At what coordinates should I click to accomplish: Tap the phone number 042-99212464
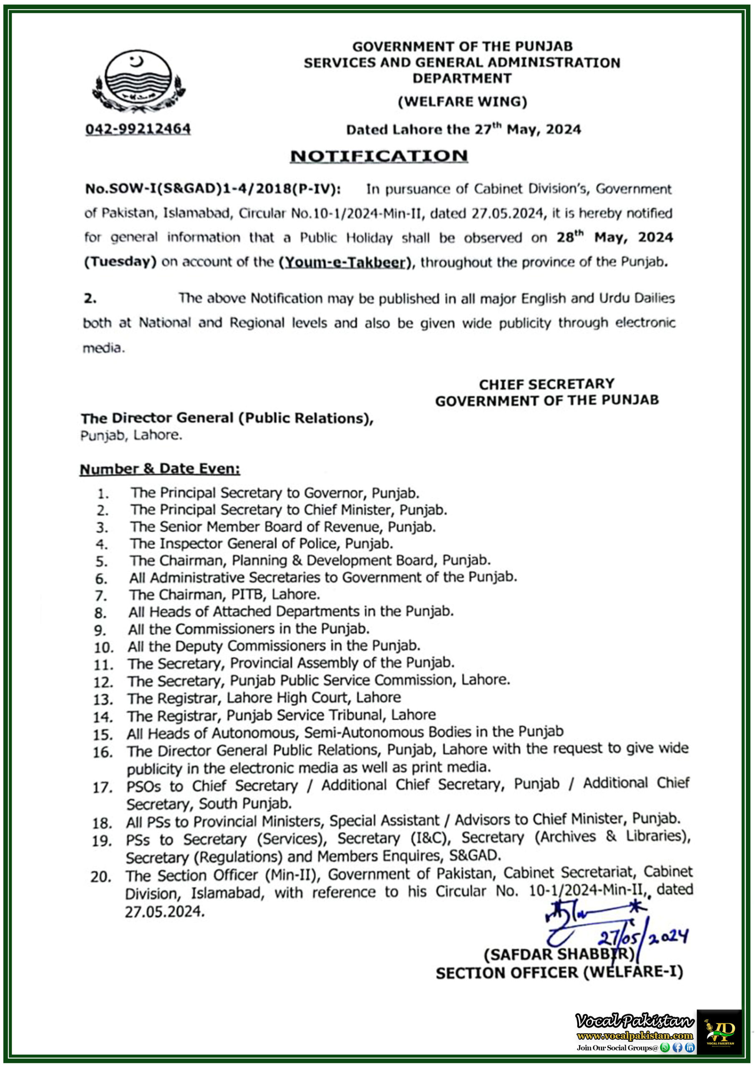[x=138, y=129]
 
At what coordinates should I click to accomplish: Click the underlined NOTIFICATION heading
[x=379, y=156]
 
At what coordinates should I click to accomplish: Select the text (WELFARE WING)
[x=462, y=101]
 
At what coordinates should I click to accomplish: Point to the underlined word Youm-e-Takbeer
[x=345, y=262]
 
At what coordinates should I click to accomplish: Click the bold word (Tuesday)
[x=120, y=262]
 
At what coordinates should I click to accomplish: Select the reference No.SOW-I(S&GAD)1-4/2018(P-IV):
[x=213, y=189]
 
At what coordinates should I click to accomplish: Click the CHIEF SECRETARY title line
[x=546, y=384]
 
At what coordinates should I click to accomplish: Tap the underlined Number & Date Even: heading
[x=160, y=469]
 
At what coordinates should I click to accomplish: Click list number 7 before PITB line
[x=101, y=596]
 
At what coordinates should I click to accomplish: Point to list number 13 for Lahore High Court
[x=103, y=699]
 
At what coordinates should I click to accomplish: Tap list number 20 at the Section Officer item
[x=101, y=877]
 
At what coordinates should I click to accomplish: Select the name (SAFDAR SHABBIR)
[x=559, y=955]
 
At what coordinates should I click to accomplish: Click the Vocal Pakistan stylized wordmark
[x=634, y=1021]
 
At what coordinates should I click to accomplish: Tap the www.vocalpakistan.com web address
[x=634, y=1036]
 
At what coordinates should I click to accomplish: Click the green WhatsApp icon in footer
[x=665, y=1048]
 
